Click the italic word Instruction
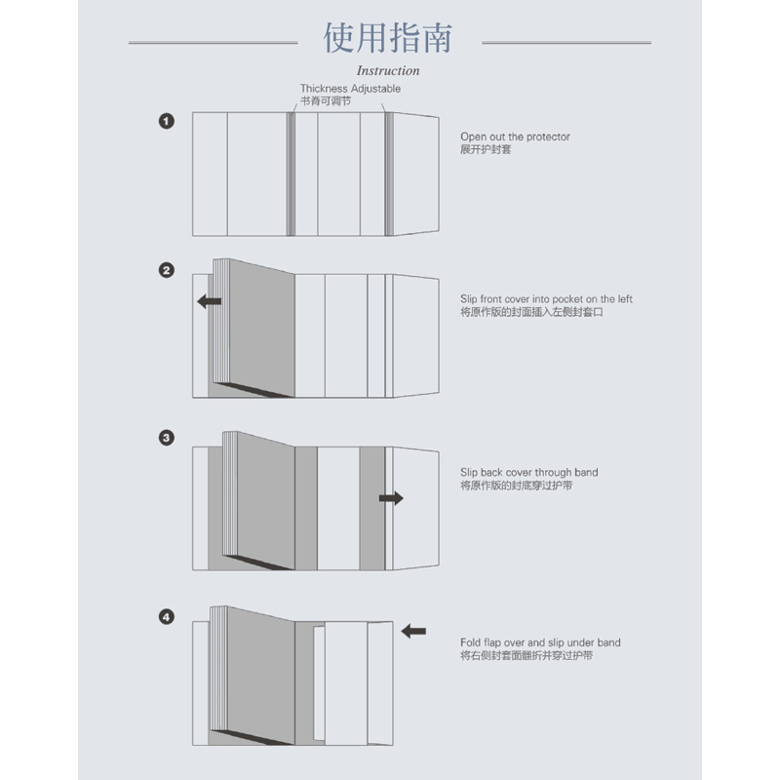pos(388,70)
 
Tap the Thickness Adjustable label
pos(350,89)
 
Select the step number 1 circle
pos(167,121)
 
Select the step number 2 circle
pos(167,270)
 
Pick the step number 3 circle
pos(167,438)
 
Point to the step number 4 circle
pos(167,617)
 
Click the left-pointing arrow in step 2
pos(209,301)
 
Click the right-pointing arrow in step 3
pos(391,498)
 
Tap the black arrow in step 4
pos(413,631)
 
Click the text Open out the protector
pos(515,137)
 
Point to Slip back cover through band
pos(528,473)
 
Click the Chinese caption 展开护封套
pos(486,150)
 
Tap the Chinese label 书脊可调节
pos(325,100)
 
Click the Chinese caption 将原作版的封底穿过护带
pos(516,486)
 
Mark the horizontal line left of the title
pos(213,43)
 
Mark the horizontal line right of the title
pos(566,43)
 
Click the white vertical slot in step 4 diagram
pos(317,682)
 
